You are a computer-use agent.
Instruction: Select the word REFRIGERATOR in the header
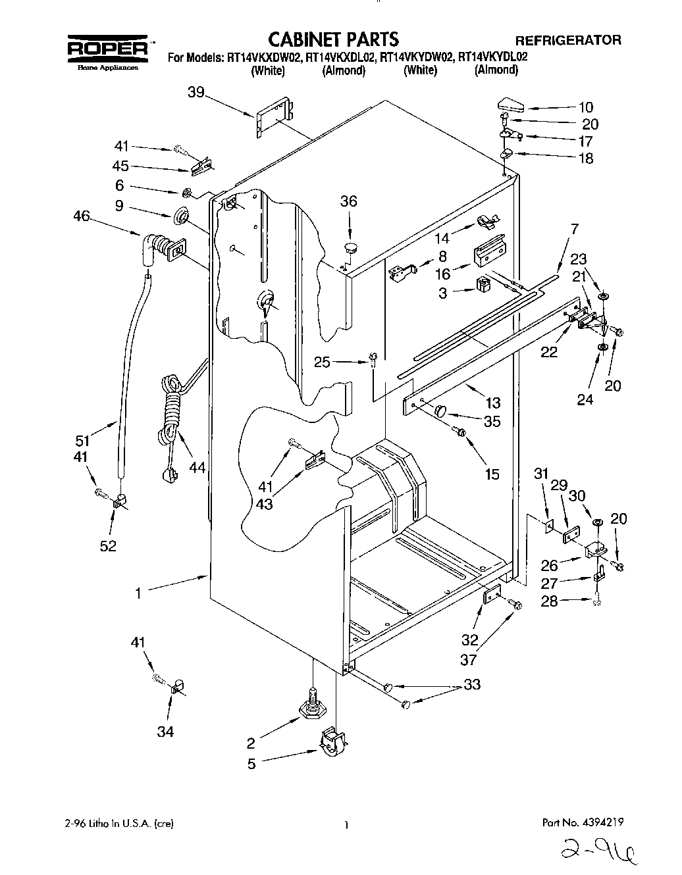tap(567, 40)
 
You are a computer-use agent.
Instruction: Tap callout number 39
tap(196, 93)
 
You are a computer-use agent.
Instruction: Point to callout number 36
tap(348, 201)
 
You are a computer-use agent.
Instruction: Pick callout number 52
tap(108, 545)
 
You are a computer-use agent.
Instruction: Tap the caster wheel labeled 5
tap(334, 741)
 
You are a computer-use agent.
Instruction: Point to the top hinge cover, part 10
tap(511, 105)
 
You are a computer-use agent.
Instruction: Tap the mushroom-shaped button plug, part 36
tap(349, 248)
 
